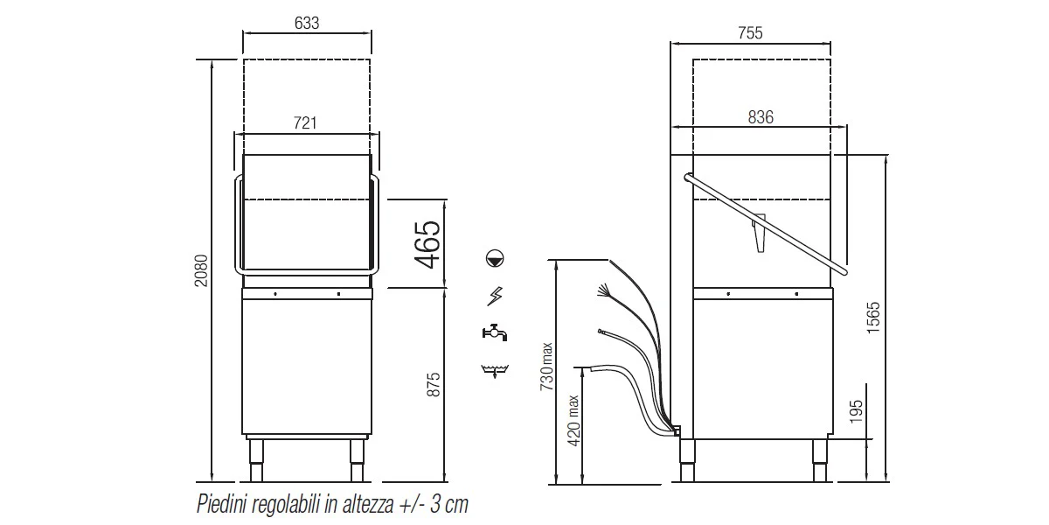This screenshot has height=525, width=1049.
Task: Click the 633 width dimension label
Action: point(307,23)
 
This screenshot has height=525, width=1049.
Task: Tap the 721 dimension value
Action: point(305,122)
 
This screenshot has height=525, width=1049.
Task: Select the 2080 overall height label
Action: point(201,270)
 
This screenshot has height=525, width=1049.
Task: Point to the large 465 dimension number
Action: point(428,245)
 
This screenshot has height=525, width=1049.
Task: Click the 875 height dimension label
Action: point(434,385)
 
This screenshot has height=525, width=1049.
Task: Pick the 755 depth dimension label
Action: point(750,33)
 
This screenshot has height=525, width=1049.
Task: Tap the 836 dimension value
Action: point(761,116)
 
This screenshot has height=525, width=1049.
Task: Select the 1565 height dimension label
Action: point(873,318)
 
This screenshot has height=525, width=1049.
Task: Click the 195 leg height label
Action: point(856,411)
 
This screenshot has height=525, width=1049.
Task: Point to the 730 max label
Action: point(546,367)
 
